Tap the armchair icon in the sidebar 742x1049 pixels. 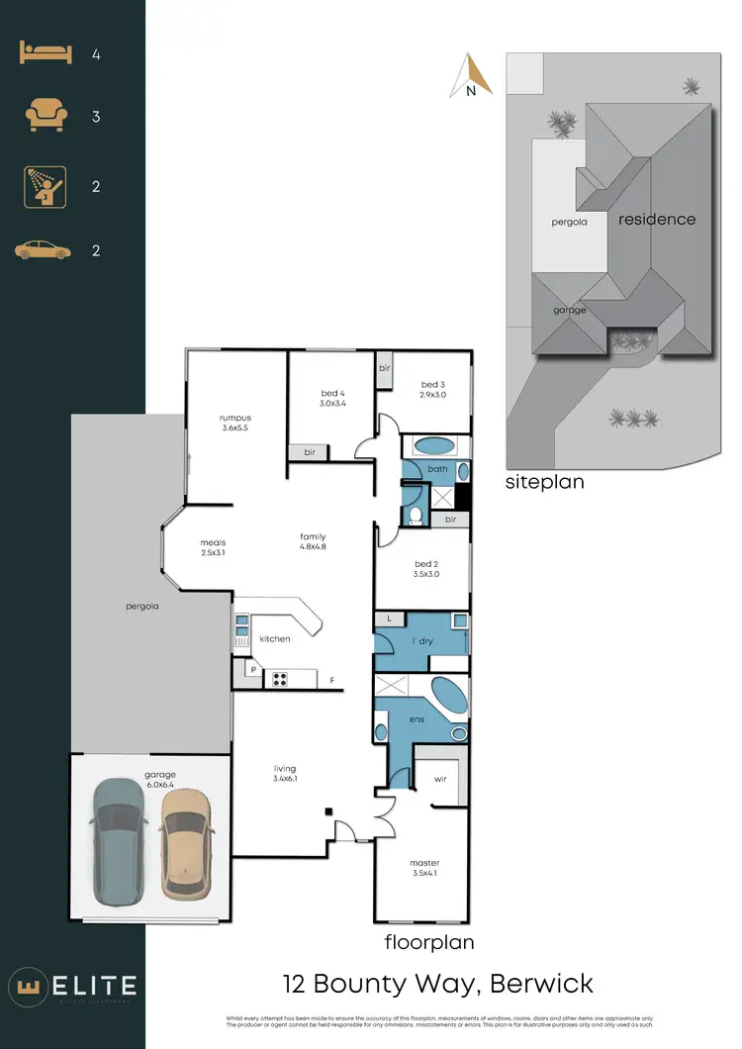click(45, 117)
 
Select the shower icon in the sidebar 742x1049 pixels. click(45, 186)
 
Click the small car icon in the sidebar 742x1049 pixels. click(45, 251)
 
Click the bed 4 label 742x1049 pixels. click(331, 398)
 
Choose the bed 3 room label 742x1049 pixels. click(434, 389)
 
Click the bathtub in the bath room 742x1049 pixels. click(433, 445)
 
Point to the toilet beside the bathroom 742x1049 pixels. click(415, 516)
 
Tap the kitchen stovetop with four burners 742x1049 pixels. click(280, 679)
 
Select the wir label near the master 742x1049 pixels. click(441, 779)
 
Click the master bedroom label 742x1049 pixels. click(423, 868)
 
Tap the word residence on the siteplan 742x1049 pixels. click(657, 220)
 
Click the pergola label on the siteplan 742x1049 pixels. click(569, 223)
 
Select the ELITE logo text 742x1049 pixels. click(91, 985)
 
